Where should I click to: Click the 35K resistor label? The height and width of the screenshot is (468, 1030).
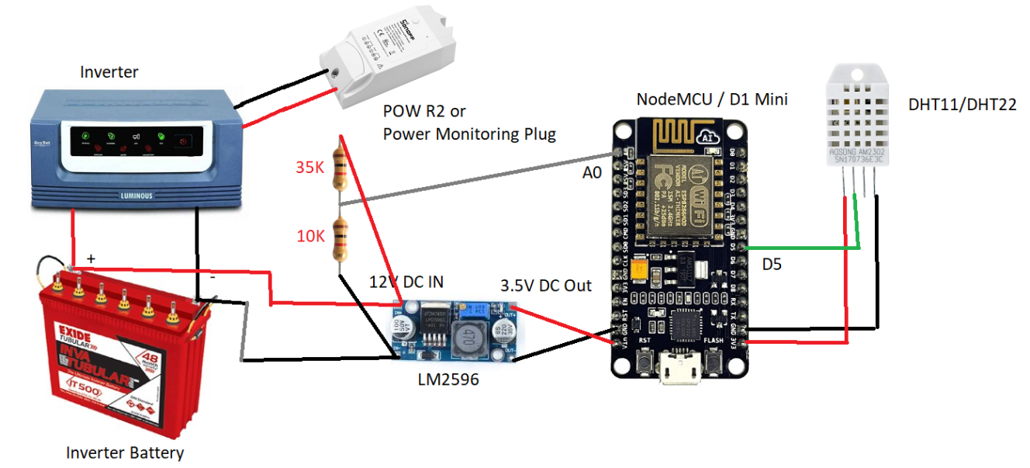(309, 166)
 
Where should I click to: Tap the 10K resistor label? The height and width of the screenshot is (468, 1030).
(310, 236)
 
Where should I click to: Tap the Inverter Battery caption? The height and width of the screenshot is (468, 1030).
(125, 452)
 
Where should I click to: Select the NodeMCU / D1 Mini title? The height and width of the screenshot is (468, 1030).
(712, 99)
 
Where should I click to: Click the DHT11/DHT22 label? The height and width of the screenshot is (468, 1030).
(961, 105)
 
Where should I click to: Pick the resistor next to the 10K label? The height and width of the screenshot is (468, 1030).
(340, 238)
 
